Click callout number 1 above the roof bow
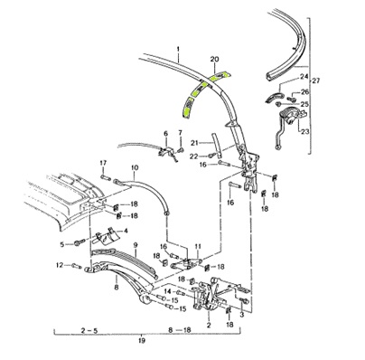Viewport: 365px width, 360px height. tap(178, 49)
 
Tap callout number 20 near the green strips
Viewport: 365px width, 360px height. tap(215, 60)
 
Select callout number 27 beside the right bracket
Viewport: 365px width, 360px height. tap(316, 81)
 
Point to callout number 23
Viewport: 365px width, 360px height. tap(304, 131)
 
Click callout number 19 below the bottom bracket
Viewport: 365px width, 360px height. tap(142, 341)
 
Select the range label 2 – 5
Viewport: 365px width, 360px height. tap(89, 330)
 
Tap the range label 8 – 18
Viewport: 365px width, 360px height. tap(180, 330)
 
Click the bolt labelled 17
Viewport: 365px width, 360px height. tap(107, 177)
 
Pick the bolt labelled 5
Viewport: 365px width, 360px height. tap(78, 242)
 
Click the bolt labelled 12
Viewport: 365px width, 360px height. tap(77, 266)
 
